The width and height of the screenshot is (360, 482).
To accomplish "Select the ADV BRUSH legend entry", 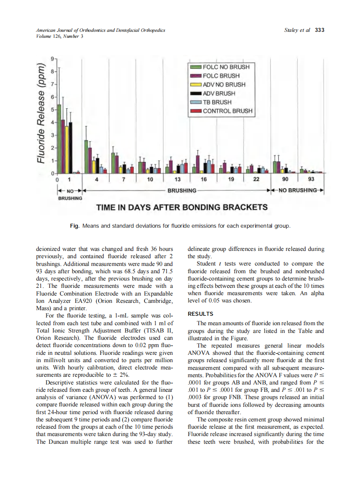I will pos(219,93).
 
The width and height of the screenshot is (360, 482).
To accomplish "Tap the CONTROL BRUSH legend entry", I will pos(227,111).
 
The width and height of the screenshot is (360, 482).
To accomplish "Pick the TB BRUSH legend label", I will pos(217,102).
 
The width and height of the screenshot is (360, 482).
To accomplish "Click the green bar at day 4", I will pos(86,156).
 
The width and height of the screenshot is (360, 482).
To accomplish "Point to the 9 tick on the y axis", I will pos(52,58).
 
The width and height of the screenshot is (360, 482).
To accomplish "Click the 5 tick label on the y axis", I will pos(52,110).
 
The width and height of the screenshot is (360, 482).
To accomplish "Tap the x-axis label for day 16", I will pos(204,179).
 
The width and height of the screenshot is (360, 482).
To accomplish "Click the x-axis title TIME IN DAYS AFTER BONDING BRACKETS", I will pos(182,207).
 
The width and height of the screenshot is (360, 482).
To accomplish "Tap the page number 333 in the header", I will pos(320,30).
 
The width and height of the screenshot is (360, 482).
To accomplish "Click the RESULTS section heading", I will pos(201,314).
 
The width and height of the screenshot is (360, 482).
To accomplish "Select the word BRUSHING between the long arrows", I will pos(182,190).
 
